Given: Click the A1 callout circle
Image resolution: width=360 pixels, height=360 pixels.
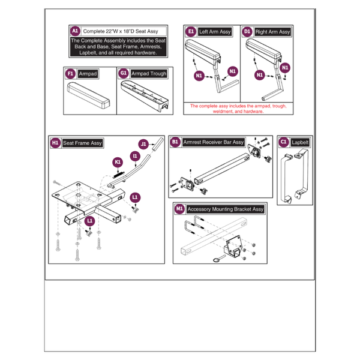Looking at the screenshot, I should (x=75, y=31).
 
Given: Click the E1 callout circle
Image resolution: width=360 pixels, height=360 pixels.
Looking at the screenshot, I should (x=191, y=31).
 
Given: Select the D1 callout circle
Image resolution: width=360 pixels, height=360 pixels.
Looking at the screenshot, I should (x=247, y=31).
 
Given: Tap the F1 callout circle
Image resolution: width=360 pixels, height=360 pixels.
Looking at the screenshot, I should (x=70, y=73).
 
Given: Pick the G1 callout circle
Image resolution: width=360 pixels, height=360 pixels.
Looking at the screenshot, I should (x=124, y=73).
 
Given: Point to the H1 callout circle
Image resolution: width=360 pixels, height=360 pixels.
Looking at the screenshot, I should (x=55, y=143).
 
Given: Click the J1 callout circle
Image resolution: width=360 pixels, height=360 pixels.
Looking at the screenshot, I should (x=143, y=144).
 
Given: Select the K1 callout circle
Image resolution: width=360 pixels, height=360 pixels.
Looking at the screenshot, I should (x=118, y=161).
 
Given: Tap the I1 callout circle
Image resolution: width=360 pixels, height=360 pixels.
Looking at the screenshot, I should (x=135, y=157).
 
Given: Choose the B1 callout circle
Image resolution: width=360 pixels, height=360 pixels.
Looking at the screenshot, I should (x=176, y=142).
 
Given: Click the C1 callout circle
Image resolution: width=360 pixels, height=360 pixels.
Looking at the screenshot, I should (x=284, y=142).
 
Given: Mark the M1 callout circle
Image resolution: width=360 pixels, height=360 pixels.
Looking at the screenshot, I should (x=180, y=209).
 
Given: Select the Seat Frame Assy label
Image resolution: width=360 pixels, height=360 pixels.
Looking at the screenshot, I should (x=82, y=143).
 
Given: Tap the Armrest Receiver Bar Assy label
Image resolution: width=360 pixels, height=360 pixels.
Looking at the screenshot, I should (x=214, y=142).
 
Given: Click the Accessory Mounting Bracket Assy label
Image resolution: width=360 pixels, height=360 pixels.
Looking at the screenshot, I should (x=225, y=209).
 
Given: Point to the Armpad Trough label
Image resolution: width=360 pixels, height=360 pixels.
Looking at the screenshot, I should (x=149, y=73).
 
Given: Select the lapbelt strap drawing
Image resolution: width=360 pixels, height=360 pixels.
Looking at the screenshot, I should (x=294, y=177).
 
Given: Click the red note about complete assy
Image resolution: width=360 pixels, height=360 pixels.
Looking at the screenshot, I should (x=238, y=108).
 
